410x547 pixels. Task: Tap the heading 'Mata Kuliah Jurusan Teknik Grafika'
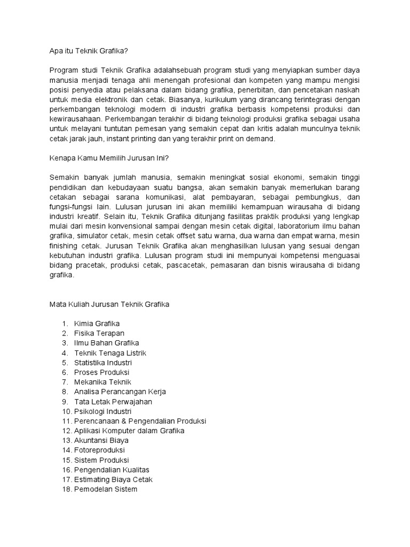point(109,304)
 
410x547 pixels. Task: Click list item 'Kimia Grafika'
point(97,324)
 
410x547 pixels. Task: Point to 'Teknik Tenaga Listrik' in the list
point(110,353)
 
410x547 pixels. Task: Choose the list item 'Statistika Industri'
point(103,363)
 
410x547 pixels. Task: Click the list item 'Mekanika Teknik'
point(102,382)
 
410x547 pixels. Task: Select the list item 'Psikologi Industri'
point(103,411)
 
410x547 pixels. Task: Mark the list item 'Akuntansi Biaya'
point(101,440)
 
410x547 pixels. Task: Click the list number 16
point(66,470)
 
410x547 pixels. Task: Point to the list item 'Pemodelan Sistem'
point(106,489)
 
